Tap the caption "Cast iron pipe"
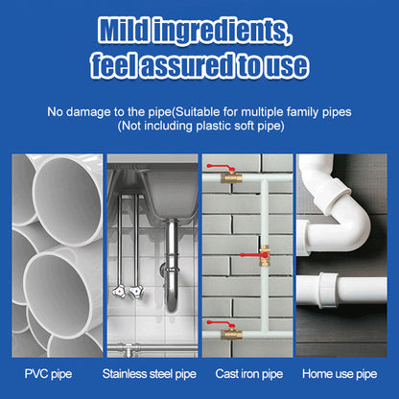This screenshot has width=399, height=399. coord(247,372)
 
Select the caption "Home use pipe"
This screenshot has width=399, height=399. coord(343,372)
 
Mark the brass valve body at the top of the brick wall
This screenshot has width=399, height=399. coord(227,177)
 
